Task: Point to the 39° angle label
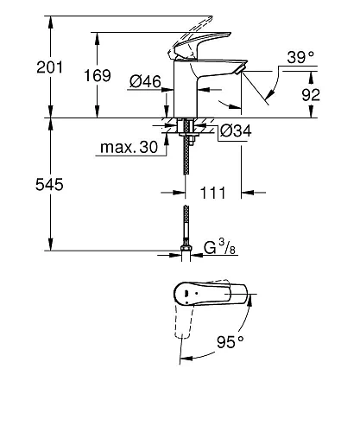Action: [299, 59]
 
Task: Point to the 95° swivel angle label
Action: [231, 342]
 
